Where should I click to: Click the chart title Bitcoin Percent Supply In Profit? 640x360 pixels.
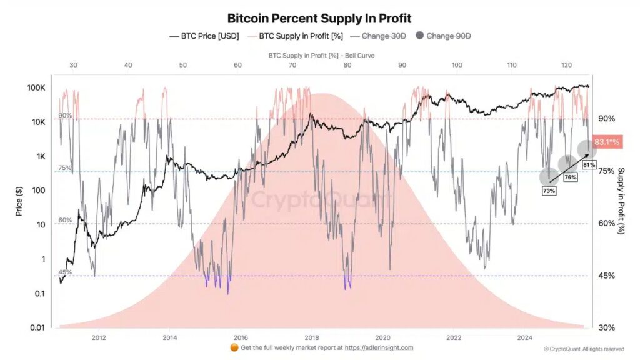click(319, 18)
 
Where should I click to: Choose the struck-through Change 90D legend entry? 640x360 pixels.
click(448, 36)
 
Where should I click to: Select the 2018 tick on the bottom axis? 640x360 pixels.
click(312, 338)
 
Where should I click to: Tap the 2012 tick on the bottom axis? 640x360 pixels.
click(98, 338)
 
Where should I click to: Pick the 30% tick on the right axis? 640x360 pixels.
click(606, 327)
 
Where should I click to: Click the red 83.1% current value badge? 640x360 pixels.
click(606, 142)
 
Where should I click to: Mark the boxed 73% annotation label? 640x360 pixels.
click(549, 191)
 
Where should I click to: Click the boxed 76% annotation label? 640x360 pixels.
click(569, 177)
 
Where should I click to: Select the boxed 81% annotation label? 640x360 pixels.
click(588, 164)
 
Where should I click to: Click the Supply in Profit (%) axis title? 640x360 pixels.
click(622, 201)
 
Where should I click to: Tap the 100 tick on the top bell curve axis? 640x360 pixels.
click(457, 65)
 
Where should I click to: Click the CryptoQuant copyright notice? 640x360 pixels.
click(583, 349)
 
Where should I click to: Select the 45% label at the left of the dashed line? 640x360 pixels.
click(65, 272)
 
